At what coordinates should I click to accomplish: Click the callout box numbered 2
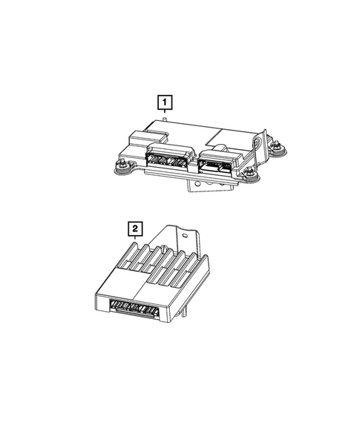[x=134, y=229]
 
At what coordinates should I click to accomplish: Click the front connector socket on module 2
[x=135, y=306]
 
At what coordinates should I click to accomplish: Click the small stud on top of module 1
[x=163, y=118]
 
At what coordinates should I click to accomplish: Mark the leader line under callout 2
[x=134, y=239]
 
